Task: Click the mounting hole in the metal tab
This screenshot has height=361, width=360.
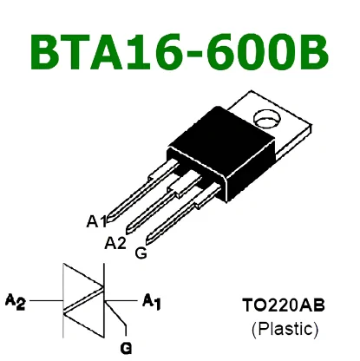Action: tap(267, 119)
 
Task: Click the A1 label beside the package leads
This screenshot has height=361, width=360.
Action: tap(96, 221)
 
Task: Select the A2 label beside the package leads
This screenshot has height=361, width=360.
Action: tap(115, 243)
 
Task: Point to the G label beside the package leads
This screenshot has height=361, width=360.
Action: tap(141, 253)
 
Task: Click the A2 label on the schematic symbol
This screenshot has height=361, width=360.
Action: tap(16, 301)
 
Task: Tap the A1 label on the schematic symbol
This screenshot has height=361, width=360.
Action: tap(152, 301)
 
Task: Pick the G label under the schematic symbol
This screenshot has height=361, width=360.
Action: tap(126, 348)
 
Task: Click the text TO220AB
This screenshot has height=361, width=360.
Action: tap(284, 305)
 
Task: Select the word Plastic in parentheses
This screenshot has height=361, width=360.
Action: tap(285, 329)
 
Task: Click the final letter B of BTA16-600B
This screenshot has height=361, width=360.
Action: tap(313, 52)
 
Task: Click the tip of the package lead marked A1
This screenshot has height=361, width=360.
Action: tap(109, 220)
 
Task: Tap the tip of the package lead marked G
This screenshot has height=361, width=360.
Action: tap(148, 241)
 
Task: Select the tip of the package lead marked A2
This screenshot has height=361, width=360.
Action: tap(128, 231)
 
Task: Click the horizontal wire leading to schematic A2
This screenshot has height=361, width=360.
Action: tap(47, 301)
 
